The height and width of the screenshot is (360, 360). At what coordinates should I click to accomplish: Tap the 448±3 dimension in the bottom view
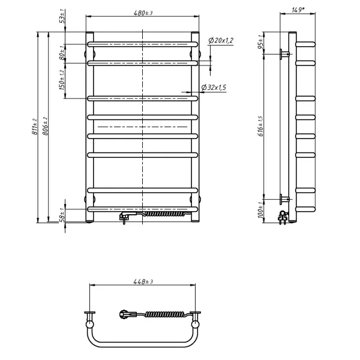click(142, 281)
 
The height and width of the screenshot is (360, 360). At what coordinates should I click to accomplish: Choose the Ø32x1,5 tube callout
click(214, 88)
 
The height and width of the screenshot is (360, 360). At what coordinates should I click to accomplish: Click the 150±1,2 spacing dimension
click(62, 80)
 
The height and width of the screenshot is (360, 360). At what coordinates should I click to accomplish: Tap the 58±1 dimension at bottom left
click(62, 215)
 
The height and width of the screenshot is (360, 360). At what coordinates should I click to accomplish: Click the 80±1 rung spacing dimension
click(62, 53)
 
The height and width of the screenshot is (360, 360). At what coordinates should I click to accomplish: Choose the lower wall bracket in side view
click(284, 197)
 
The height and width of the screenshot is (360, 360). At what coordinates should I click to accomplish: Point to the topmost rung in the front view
click(142, 44)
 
